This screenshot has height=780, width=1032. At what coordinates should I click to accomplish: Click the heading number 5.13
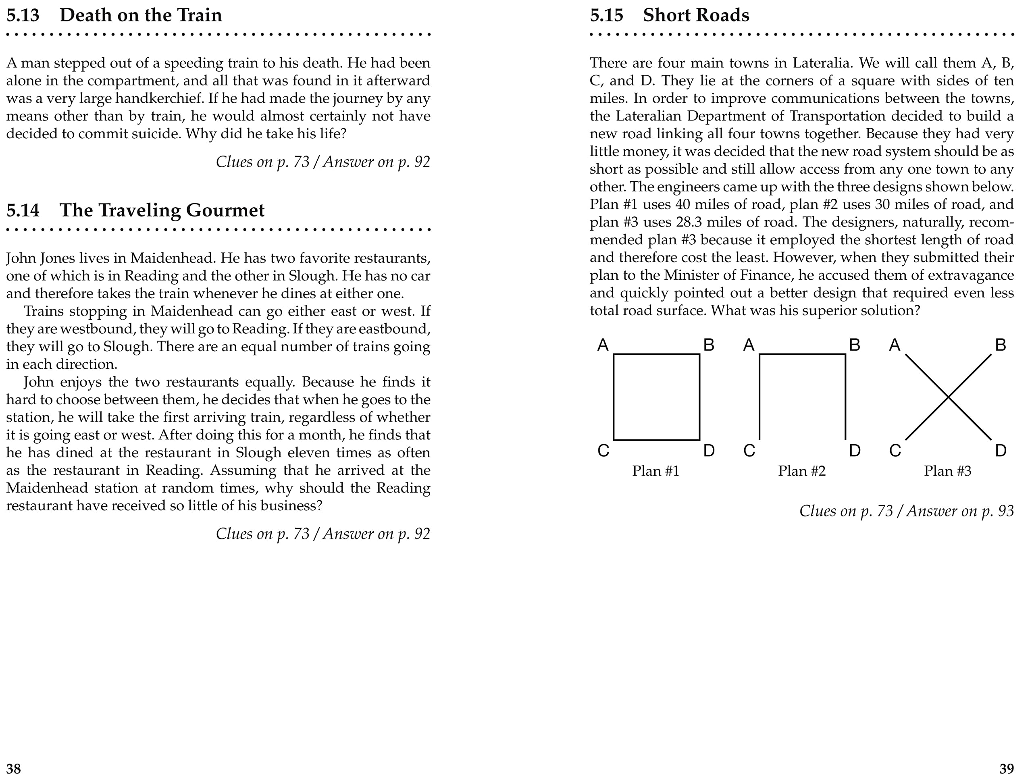tap(23, 15)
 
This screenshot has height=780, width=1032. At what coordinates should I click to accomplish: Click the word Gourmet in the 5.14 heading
tap(225, 210)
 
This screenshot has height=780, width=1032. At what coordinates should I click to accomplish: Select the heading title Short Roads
tap(696, 15)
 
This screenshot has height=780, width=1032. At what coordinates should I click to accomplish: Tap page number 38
tap(14, 768)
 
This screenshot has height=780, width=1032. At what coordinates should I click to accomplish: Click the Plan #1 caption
tap(655, 471)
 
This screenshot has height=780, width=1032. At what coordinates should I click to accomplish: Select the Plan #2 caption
tap(801, 471)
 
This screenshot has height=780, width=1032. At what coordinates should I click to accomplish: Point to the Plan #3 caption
tap(948, 471)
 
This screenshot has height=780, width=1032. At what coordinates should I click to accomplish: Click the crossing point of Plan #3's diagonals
tap(948, 397)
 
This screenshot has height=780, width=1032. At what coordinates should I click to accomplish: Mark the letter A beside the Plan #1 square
tap(603, 345)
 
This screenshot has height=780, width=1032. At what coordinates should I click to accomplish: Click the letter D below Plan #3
tap(1000, 451)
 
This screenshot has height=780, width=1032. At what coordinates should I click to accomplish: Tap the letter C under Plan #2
tap(749, 451)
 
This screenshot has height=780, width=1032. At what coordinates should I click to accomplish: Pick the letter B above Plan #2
tap(854, 345)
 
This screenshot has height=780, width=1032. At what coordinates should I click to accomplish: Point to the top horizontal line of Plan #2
tap(803, 355)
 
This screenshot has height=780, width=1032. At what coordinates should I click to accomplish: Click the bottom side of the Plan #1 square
tap(656, 439)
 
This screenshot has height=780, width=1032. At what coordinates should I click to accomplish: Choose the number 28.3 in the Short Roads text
tap(689, 222)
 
